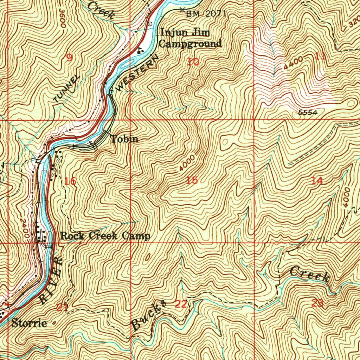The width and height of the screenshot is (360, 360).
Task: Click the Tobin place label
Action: coord(124,139)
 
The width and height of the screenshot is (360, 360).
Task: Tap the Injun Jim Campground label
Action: coord(190,38)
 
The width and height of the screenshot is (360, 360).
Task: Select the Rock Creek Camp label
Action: coord(105,236)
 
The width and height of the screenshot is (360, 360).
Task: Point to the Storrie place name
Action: coord(29,323)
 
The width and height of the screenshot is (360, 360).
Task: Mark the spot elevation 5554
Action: coord(308,112)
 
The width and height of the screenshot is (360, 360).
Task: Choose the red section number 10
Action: coord(193,62)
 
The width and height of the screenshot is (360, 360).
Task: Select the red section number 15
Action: coord(192,181)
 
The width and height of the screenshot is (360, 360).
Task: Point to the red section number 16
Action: coord(70,181)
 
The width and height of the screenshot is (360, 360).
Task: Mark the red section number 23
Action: coord(317,303)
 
